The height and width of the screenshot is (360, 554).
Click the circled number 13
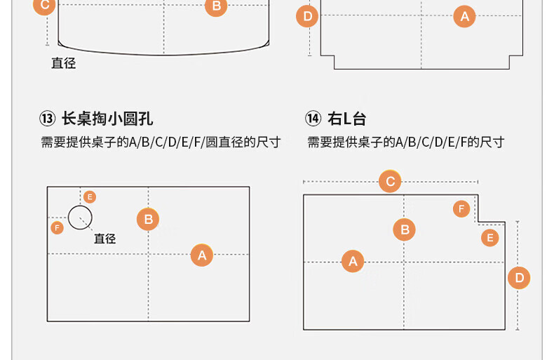(48, 118)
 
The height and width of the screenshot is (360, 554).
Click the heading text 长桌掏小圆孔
(107, 118)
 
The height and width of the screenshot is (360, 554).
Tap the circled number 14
(313, 118)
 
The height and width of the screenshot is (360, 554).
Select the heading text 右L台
(346, 118)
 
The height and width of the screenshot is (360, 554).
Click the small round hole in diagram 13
(80, 218)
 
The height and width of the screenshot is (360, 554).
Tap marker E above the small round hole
(89, 197)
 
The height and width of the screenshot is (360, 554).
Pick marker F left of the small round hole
(57, 227)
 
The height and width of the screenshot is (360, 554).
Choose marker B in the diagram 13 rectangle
(148, 220)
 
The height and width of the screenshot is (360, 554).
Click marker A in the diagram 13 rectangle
(202, 255)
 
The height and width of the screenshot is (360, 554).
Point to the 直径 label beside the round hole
(104, 239)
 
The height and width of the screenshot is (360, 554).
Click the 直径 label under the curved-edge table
(63, 63)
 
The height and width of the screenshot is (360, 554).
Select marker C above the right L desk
(391, 182)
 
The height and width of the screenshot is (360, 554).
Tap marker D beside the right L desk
(519, 278)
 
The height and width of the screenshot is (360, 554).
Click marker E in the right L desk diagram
(490, 237)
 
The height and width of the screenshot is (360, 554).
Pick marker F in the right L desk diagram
(461, 208)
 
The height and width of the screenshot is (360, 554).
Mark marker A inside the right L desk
(353, 262)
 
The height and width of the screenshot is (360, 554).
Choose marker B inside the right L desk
(404, 229)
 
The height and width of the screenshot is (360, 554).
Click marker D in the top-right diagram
(307, 16)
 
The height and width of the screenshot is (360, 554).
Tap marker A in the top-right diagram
(464, 15)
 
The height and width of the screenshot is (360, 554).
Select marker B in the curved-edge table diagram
(216, 7)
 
